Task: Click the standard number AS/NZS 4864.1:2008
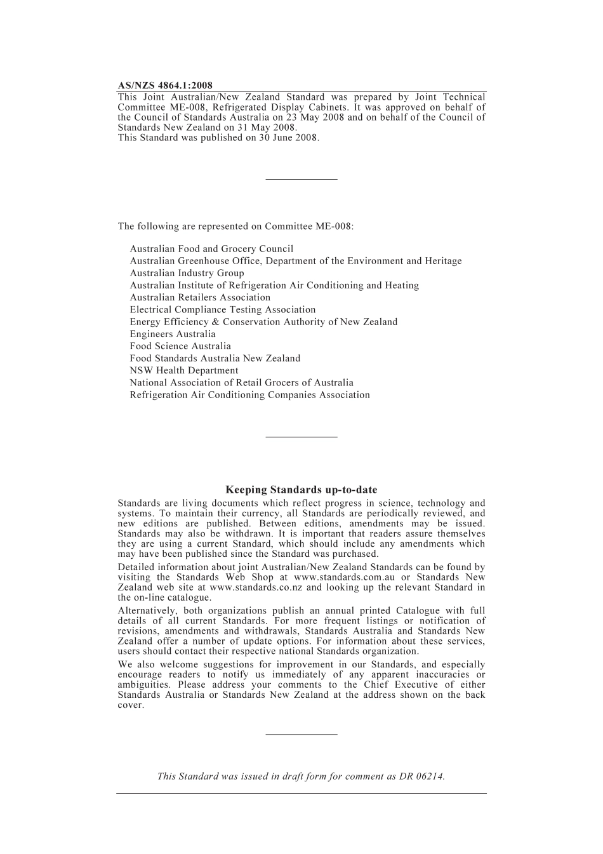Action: [165, 85]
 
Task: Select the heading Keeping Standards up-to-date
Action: [301, 490]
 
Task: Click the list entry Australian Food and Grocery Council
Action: [211, 249]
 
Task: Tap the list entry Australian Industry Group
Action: [187, 273]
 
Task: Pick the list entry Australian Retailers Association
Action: [200, 297]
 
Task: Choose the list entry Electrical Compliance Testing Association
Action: [222, 310]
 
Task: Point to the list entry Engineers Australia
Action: [173, 334]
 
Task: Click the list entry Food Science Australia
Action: [180, 346]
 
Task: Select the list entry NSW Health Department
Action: [184, 370]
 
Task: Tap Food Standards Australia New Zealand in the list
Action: [215, 358]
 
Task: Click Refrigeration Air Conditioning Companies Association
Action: [249, 395]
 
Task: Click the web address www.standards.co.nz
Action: [256, 587]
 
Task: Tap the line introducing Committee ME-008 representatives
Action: [235, 226]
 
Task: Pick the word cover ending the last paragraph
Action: [130, 705]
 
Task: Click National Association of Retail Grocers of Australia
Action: [241, 383]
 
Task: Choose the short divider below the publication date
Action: [301, 179]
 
